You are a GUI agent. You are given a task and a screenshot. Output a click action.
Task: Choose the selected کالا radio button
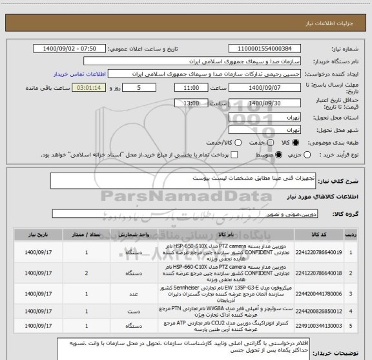pyautogui.click(x=296, y=142)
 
